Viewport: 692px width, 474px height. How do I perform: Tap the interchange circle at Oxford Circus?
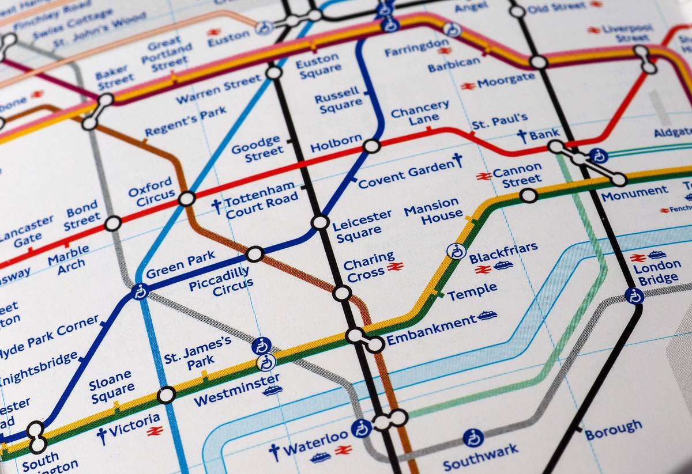point(187,199)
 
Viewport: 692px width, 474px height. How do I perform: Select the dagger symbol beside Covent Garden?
point(458,160)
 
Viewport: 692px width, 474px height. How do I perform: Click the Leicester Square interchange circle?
point(320,222)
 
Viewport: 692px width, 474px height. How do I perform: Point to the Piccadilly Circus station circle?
point(254,254)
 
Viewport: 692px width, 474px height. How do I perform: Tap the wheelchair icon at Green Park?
point(140,292)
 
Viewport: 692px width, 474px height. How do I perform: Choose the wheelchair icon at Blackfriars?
point(456,251)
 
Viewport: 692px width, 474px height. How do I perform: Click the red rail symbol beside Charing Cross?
point(395,266)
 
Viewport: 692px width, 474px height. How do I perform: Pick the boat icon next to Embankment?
point(487,315)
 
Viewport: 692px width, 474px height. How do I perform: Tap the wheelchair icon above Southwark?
point(473,438)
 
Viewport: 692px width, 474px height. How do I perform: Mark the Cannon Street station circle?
point(528,196)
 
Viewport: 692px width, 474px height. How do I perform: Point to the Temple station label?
point(472,291)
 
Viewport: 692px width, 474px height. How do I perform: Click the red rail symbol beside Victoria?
point(155,430)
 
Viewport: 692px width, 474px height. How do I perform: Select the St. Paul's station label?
point(499,122)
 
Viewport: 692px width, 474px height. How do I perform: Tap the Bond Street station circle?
point(112,223)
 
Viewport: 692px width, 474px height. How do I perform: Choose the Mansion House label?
point(432,211)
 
